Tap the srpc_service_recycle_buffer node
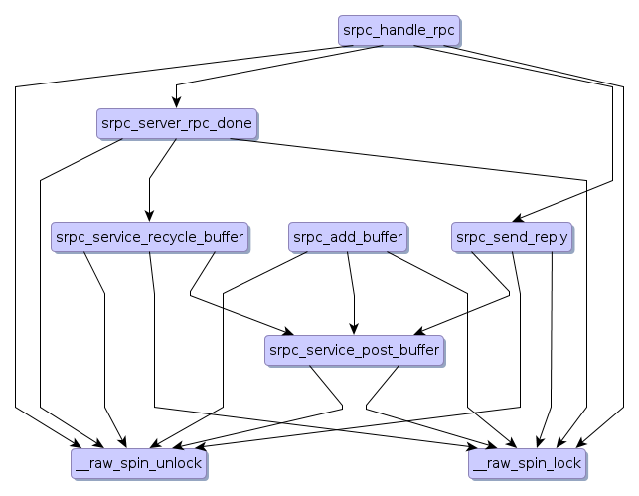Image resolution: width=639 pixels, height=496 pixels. click(150, 238)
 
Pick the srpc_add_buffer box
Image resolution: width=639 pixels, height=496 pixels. click(348, 238)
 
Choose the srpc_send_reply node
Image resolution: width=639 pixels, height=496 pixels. click(512, 238)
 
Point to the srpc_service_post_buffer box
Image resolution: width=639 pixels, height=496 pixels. click(354, 350)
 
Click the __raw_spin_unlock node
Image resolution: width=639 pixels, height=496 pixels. click(138, 463)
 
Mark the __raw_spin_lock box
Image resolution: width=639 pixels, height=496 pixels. click(528, 463)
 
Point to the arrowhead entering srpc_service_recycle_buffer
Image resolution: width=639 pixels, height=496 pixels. click(150, 216)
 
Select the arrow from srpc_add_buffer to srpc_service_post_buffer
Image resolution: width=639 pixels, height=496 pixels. click(352, 293)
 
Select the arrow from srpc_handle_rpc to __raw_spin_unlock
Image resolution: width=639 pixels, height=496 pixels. click(16, 248)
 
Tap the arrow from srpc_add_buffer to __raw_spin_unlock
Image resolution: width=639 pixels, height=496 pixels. click(224, 338)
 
